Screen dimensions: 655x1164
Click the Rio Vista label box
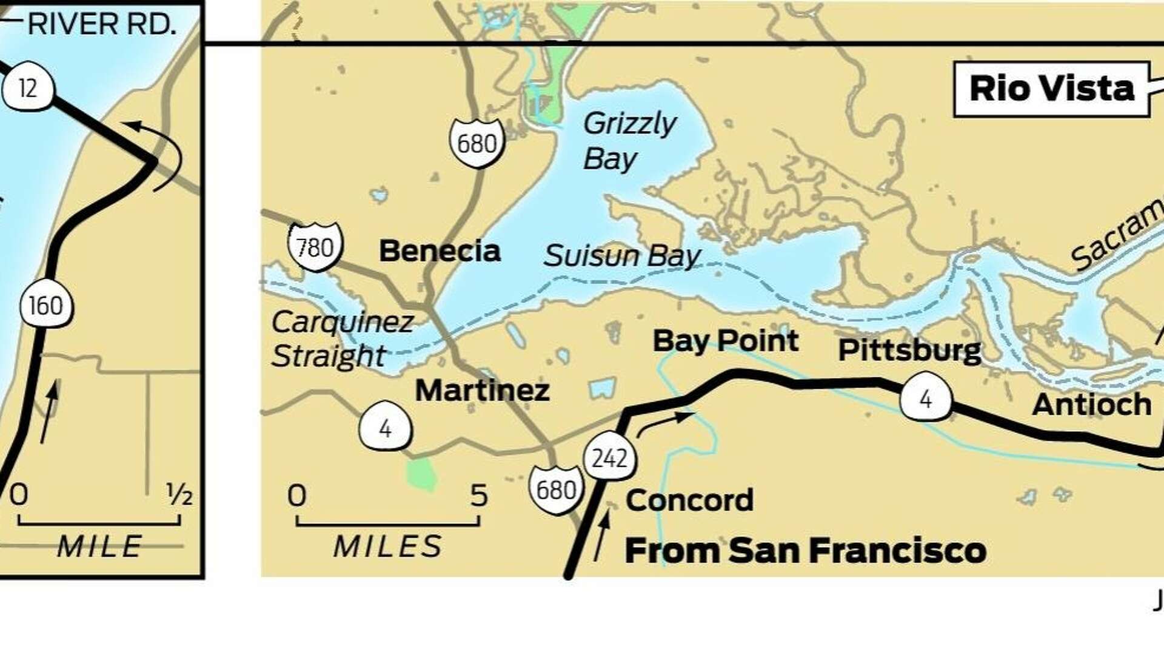click(x=1051, y=89)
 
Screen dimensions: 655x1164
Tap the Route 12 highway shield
click(x=28, y=89)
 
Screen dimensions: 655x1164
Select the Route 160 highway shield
click(x=46, y=305)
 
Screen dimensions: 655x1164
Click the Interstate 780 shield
click(x=315, y=247)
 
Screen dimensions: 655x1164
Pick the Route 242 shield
click(x=610, y=458)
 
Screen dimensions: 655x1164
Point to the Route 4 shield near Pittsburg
click(x=925, y=400)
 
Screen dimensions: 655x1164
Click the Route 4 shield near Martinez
click(x=385, y=428)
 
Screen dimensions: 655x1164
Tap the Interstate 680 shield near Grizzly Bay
click(x=477, y=143)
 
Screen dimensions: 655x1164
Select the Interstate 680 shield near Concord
click(x=556, y=489)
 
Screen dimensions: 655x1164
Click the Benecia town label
click(x=440, y=251)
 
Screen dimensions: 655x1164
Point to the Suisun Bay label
click(x=622, y=255)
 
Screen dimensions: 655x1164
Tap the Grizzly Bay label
click(x=629, y=141)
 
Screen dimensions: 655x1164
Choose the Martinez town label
click(x=482, y=390)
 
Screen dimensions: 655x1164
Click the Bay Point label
click(x=725, y=341)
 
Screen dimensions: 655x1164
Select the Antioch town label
click(x=1091, y=405)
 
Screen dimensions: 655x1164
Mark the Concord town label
click(x=689, y=500)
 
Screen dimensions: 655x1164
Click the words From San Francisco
click(x=805, y=550)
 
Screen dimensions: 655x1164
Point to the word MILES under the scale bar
click(x=388, y=546)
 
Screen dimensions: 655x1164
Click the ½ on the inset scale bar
click(x=179, y=495)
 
